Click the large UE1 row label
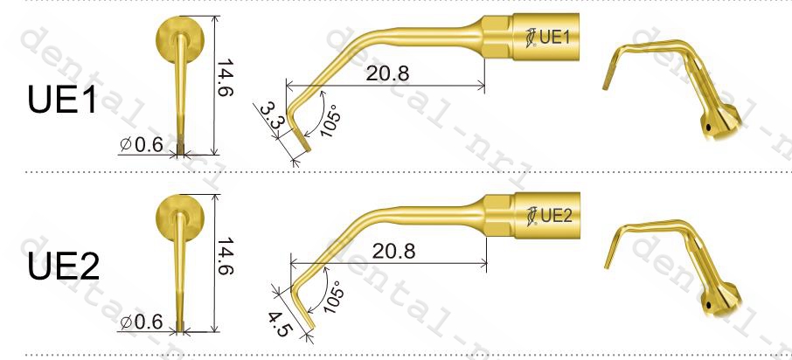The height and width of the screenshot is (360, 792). [61, 98]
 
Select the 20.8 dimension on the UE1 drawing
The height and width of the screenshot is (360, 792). [387, 73]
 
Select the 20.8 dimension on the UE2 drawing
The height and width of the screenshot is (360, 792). [393, 251]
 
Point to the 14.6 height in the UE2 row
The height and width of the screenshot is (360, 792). [226, 255]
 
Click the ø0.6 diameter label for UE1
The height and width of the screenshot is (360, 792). [142, 144]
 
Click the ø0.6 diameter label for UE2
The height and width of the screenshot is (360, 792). [142, 322]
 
